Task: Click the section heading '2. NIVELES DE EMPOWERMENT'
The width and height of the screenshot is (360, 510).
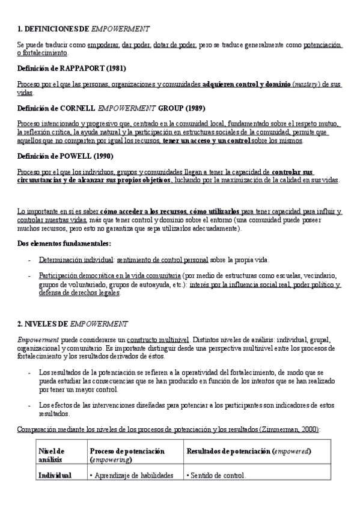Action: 72,324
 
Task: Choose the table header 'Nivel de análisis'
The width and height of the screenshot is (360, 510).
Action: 52,455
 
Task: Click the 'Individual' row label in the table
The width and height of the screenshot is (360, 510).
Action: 55,475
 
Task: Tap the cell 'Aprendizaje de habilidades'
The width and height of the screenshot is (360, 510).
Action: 131,475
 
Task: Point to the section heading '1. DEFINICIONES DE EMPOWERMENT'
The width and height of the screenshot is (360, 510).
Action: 84,29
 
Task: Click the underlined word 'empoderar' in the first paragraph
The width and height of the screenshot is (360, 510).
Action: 103,45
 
